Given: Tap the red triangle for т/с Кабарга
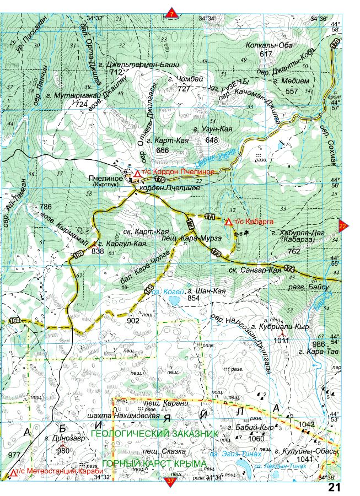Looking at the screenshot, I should coord(228,222).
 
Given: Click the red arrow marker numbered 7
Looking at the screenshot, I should coord(171,13).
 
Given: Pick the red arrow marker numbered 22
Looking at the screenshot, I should coord(342,225).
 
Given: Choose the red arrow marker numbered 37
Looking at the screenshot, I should coord(170,482).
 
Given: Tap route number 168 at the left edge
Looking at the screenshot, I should coord(13,321).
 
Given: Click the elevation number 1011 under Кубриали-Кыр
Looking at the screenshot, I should coord(281,341).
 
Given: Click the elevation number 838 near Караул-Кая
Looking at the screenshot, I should coord(98,251).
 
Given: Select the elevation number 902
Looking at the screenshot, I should coord(133,320).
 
